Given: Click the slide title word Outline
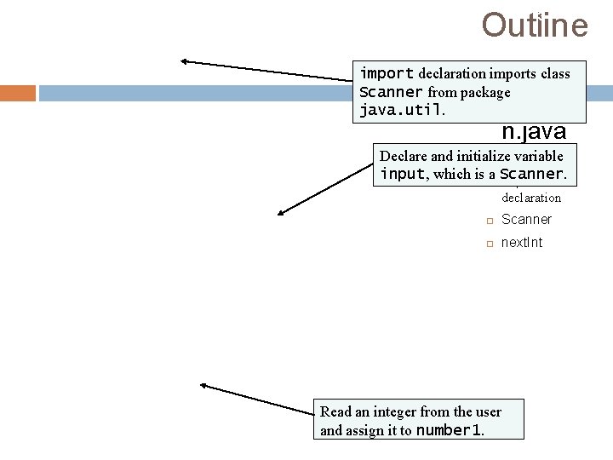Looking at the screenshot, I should pyautogui.click(x=534, y=25).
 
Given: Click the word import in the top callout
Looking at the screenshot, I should pyautogui.click(x=387, y=73).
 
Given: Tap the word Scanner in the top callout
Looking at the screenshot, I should pyautogui.click(x=391, y=92).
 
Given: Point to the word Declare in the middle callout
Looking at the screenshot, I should pyautogui.click(x=403, y=156).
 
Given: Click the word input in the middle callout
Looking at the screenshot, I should pyautogui.click(x=403, y=174).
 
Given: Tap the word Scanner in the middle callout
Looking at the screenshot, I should pyautogui.click(x=531, y=174).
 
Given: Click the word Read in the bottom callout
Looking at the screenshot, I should pyautogui.click(x=335, y=412).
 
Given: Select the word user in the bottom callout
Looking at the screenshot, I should pyautogui.click(x=487, y=412).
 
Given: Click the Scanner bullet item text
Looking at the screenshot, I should pyautogui.click(x=526, y=220).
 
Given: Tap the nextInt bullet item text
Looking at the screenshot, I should pyautogui.click(x=522, y=243).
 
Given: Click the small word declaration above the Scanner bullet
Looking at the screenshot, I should pyautogui.click(x=531, y=198).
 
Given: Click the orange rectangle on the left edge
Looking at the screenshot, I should pyautogui.click(x=18, y=93).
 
